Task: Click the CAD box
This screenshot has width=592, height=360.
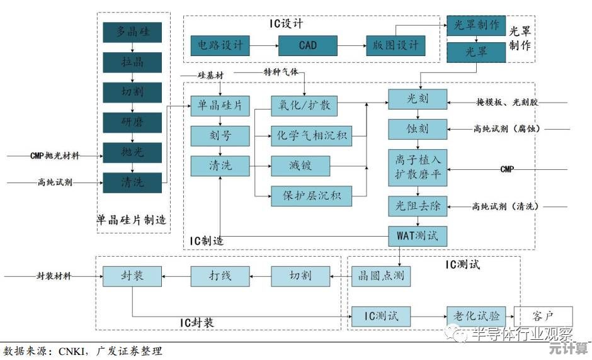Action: (x=308, y=45)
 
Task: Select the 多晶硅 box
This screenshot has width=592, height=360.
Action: (x=132, y=32)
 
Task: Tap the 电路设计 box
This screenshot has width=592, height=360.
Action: (x=220, y=45)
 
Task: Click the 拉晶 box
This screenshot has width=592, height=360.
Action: (x=132, y=62)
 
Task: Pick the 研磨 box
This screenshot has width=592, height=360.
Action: (x=132, y=121)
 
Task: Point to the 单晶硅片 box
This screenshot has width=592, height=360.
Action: (x=220, y=105)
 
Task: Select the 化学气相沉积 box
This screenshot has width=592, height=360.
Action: (x=312, y=135)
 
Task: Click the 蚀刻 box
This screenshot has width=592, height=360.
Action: (x=418, y=128)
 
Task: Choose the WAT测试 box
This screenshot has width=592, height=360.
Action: (x=418, y=236)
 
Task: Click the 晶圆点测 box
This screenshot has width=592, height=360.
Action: (x=381, y=276)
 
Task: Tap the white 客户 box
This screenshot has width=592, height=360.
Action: (x=544, y=315)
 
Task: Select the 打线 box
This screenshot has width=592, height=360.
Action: (x=220, y=276)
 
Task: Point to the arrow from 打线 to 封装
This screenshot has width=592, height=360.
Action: (x=176, y=276)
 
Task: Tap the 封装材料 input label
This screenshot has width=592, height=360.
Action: (x=54, y=276)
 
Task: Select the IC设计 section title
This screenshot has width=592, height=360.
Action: (x=287, y=24)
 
